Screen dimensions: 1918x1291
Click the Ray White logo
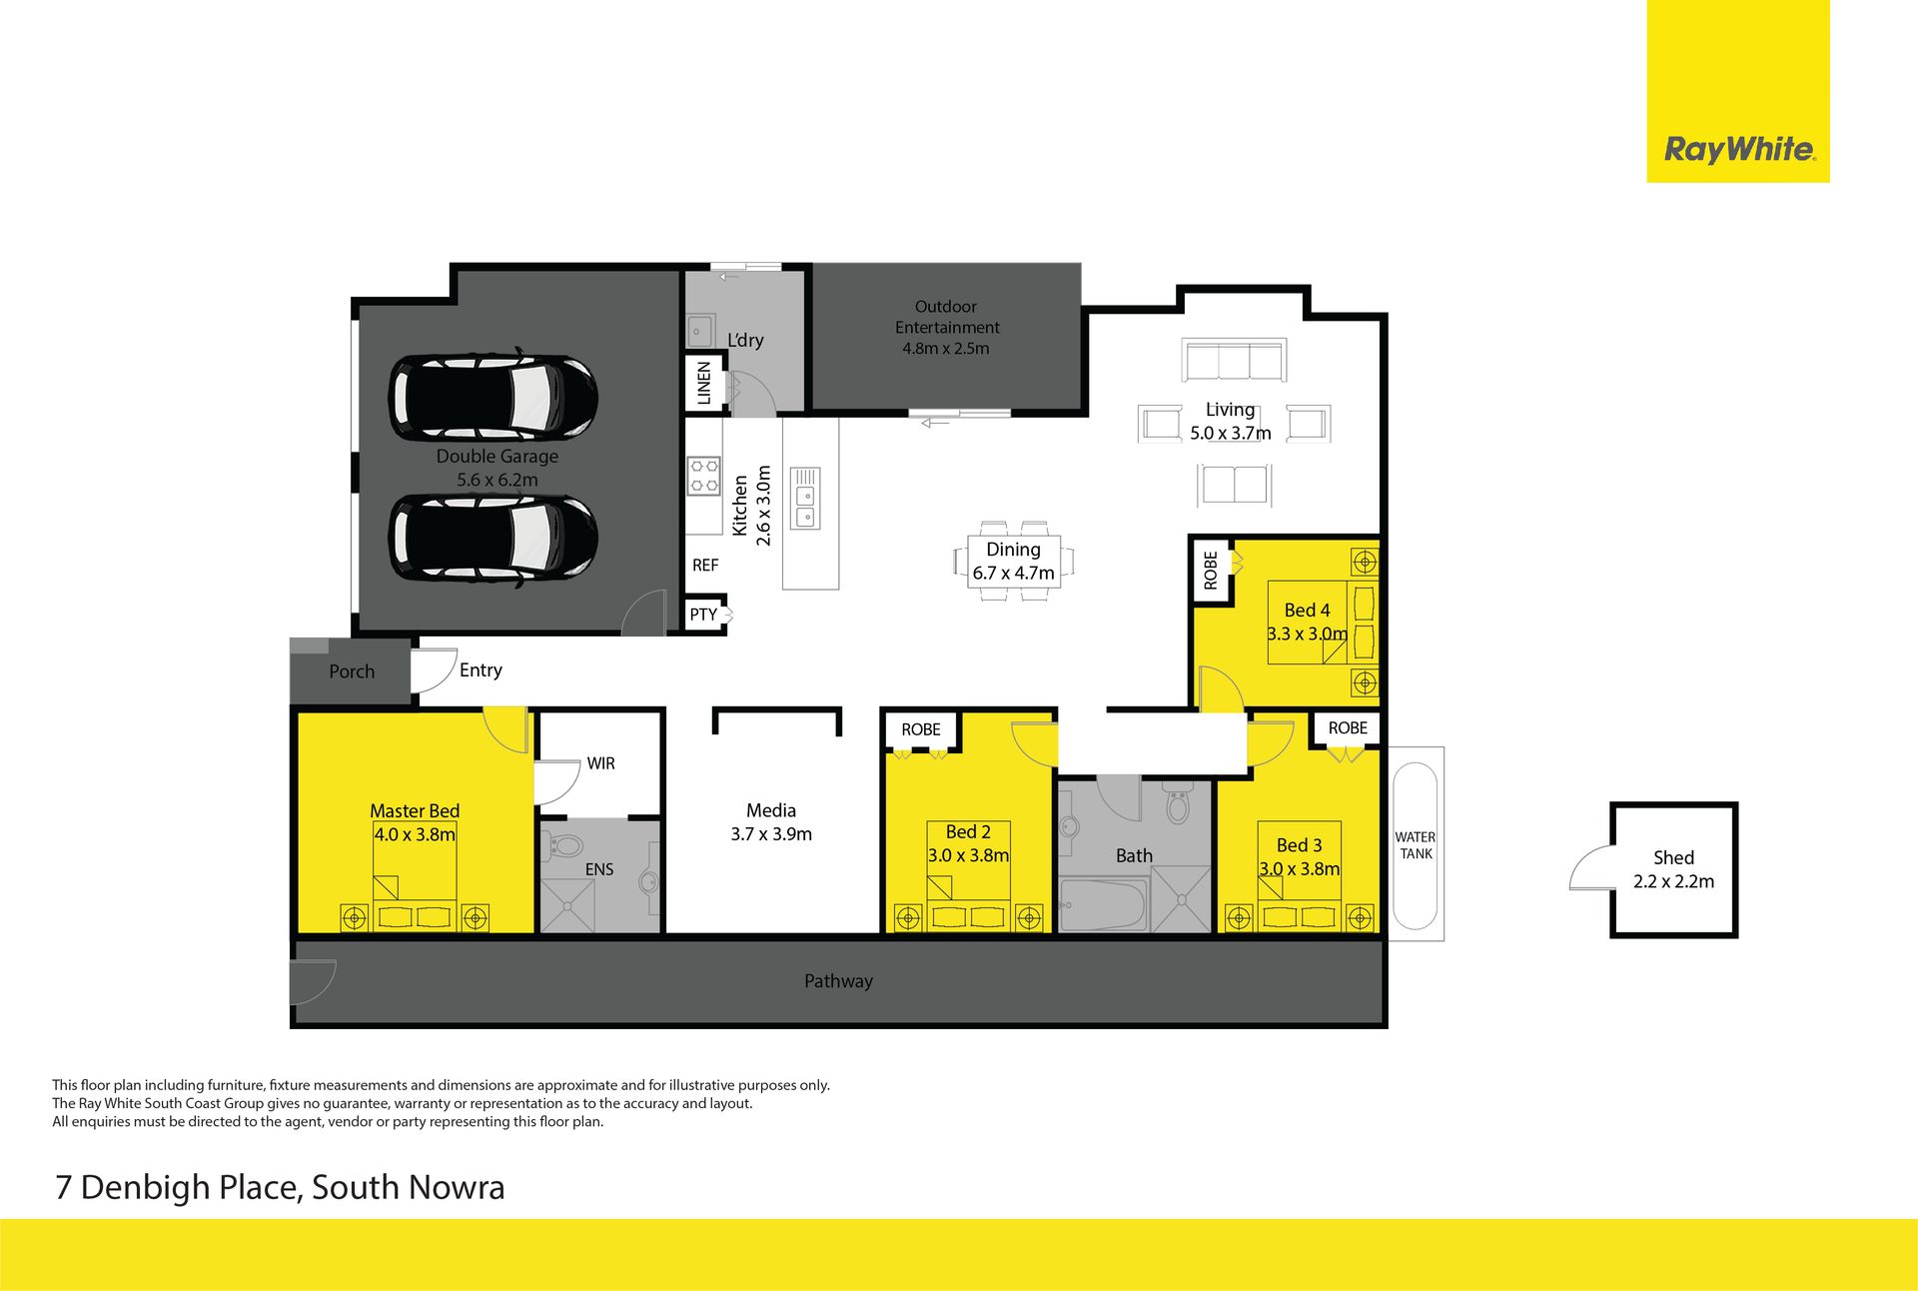click(x=1738, y=150)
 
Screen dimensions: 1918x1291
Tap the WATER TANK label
click(x=1416, y=845)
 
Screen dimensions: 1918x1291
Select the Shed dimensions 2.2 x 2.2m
click(x=1673, y=881)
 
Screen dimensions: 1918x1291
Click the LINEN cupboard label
click(x=704, y=383)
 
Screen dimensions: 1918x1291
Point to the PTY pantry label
click(x=703, y=615)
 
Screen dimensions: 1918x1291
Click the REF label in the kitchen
click(x=705, y=566)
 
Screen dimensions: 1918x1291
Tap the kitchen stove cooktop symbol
click(x=703, y=476)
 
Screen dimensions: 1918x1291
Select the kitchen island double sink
click(x=805, y=498)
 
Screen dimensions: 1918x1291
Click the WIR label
click(x=600, y=763)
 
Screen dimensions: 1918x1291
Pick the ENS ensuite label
click(x=599, y=869)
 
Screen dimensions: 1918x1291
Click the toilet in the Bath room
click(x=1178, y=802)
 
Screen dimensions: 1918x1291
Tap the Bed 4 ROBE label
click(x=1211, y=571)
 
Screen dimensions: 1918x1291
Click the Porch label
click(x=352, y=671)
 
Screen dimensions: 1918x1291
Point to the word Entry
click(x=480, y=670)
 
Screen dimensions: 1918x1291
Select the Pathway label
click(x=838, y=981)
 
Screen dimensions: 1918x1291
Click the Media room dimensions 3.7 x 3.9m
click(x=771, y=834)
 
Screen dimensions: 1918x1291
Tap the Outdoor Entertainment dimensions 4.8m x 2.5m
click(x=946, y=349)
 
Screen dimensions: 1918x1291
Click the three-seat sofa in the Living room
click(x=1234, y=360)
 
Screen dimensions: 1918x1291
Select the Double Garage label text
click(x=497, y=457)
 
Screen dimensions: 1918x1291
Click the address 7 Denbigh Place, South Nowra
click(x=280, y=1187)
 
